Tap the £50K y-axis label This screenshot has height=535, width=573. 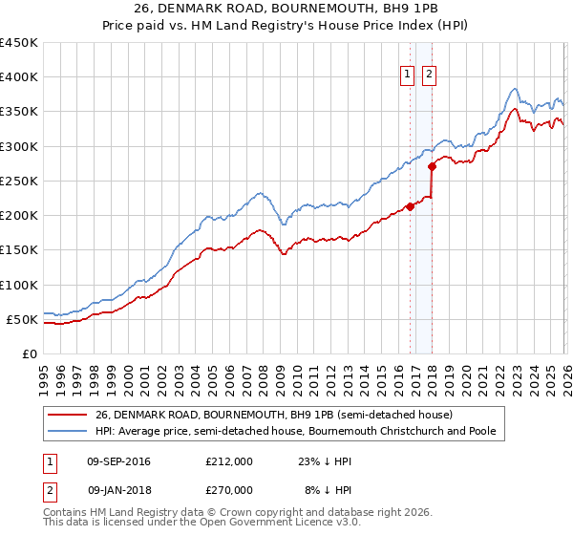[22, 319]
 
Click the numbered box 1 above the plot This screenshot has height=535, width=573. [408, 75]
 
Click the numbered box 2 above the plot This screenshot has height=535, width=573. [429, 75]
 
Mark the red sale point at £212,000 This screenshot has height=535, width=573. [410, 206]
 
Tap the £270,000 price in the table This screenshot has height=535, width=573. [228, 489]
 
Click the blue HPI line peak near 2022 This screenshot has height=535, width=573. [514, 89]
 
